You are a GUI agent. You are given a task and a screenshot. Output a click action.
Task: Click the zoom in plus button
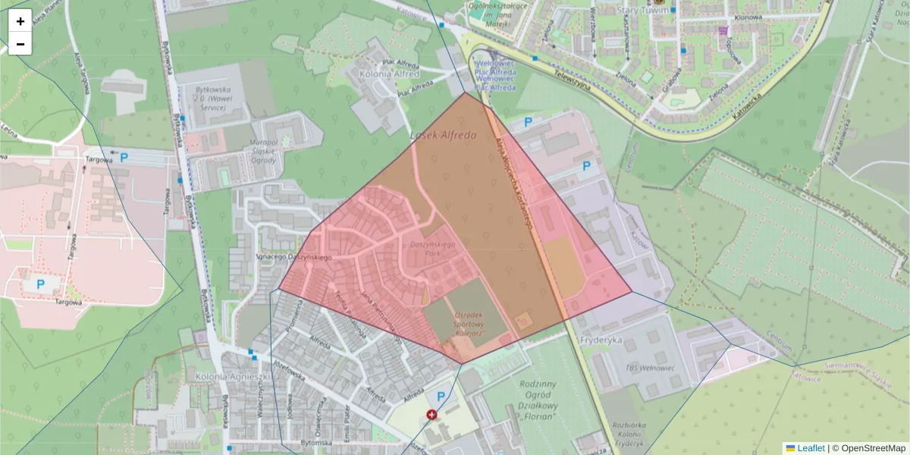(x=20, y=21)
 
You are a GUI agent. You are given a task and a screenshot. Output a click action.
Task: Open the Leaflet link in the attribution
(x=810, y=448)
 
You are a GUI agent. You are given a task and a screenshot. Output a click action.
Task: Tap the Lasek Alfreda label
(x=443, y=136)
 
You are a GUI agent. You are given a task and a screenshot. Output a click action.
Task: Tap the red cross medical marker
(x=432, y=415)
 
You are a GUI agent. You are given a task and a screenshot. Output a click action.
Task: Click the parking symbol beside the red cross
(x=440, y=396)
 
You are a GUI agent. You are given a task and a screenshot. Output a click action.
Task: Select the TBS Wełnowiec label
(x=650, y=369)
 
